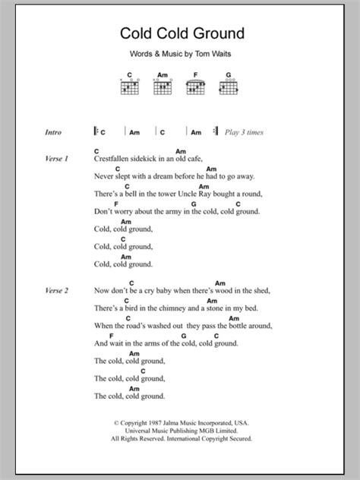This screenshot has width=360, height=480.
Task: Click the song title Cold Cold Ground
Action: point(179,34)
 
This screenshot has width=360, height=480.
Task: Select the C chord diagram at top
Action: point(130,87)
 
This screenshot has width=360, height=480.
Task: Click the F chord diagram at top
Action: point(195,87)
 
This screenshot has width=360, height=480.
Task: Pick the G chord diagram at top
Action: point(227,87)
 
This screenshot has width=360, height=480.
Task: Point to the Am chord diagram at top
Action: point(163,87)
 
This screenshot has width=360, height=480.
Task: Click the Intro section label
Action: point(55,132)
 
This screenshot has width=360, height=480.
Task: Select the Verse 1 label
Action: point(57,159)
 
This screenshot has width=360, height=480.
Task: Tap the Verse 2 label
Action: point(57,289)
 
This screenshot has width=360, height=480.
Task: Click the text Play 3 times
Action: point(244,132)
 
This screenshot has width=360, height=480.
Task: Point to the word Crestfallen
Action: point(116,159)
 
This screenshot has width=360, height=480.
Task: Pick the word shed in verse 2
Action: point(261,290)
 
